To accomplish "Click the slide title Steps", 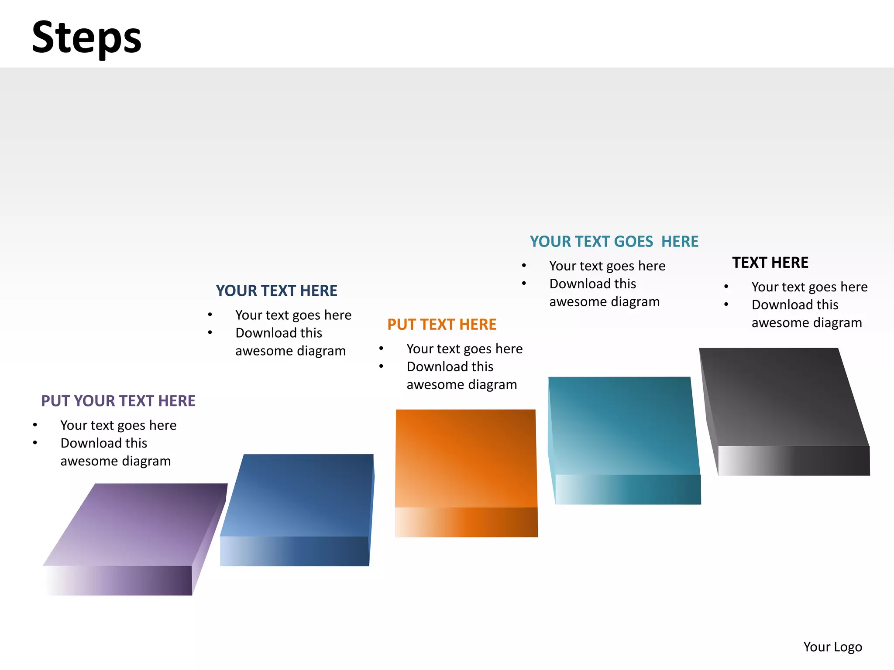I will pyautogui.click(x=86, y=38).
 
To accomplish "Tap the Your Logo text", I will pyautogui.click(x=832, y=647).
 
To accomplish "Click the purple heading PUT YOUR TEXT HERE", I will pyautogui.click(x=118, y=401).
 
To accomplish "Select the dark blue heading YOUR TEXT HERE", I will pyautogui.click(x=276, y=291).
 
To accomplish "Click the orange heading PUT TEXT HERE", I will pyautogui.click(x=442, y=325).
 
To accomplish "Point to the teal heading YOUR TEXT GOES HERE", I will pyautogui.click(x=614, y=241).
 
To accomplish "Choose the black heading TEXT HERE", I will pyautogui.click(x=770, y=263).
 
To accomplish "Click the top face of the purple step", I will pyautogui.click(x=135, y=523).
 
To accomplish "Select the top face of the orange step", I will pyautogui.click(x=466, y=458).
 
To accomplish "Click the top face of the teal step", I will pyautogui.click(x=623, y=425).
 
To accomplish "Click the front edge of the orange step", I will pyautogui.click(x=466, y=522).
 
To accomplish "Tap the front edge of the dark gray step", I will pyautogui.click(x=794, y=461).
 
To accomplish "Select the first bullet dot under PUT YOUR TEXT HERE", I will pyautogui.click(x=35, y=425).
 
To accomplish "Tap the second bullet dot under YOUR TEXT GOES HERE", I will pyautogui.click(x=524, y=284).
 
